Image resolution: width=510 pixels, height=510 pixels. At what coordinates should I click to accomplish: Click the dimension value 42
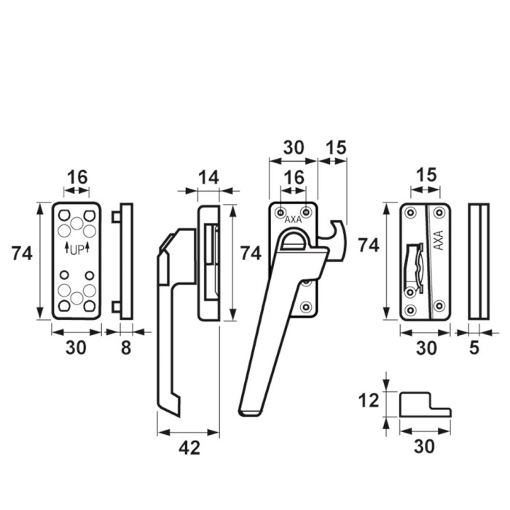click(189, 448)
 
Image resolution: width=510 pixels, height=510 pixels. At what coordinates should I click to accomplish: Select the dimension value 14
click(208, 178)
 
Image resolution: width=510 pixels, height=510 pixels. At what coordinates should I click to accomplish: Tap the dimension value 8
click(126, 348)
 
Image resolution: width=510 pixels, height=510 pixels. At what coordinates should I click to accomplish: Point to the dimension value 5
click(474, 348)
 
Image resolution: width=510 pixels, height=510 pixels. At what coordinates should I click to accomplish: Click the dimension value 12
click(369, 401)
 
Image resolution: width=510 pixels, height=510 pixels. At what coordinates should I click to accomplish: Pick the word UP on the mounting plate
click(77, 250)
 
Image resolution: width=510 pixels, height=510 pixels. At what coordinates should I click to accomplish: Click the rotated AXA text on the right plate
click(439, 240)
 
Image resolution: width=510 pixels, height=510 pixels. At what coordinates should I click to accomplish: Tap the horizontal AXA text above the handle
click(294, 220)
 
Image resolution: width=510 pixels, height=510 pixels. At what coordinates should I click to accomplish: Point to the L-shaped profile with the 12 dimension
click(425, 404)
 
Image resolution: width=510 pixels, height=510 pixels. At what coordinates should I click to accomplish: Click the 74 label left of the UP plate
click(22, 254)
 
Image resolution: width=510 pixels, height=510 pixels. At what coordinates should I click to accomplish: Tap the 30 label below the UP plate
click(76, 348)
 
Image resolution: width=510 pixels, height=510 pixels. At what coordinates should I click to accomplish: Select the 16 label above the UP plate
click(77, 178)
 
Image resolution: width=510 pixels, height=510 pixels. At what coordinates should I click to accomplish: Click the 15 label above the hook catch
click(336, 148)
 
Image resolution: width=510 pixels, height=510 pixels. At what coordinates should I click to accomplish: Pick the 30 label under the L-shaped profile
click(424, 446)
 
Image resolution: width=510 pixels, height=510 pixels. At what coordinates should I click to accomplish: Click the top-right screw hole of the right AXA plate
click(439, 213)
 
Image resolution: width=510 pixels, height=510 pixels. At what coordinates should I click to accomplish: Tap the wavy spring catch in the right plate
click(414, 267)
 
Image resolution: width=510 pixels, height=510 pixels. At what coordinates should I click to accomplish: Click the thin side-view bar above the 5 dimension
click(479, 262)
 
